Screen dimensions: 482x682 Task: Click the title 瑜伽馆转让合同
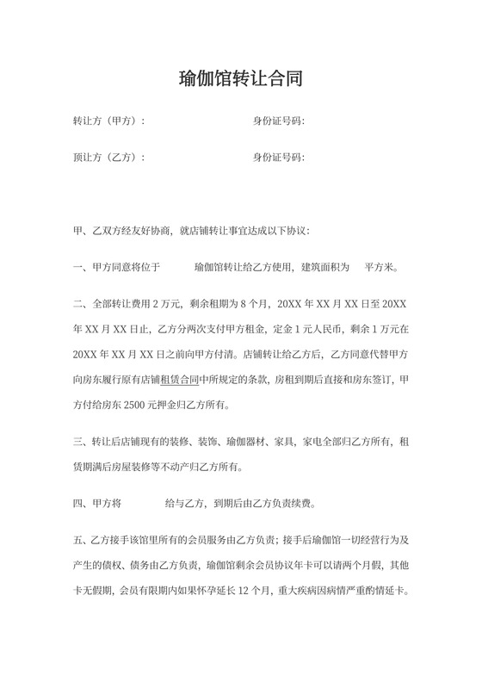240,79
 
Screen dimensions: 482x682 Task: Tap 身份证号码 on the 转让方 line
278,121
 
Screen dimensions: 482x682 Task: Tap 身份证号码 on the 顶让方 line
278,158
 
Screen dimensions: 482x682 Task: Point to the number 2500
132,404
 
